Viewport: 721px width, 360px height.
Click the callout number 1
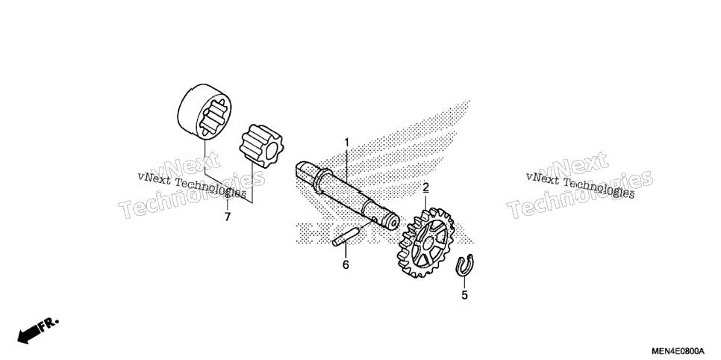[x=347, y=142]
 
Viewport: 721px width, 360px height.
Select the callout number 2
[x=425, y=187]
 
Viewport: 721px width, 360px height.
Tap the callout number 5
[x=464, y=295]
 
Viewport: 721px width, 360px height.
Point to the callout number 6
[x=346, y=264]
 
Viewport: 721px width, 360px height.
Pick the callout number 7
[x=227, y=217]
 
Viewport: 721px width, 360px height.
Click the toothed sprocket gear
[x=424, y=242]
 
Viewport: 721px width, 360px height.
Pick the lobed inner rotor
[x=260, y=146]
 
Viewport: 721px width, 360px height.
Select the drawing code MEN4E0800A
[x=677, y=350]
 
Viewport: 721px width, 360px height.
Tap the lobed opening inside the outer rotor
[x=213, y=117]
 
